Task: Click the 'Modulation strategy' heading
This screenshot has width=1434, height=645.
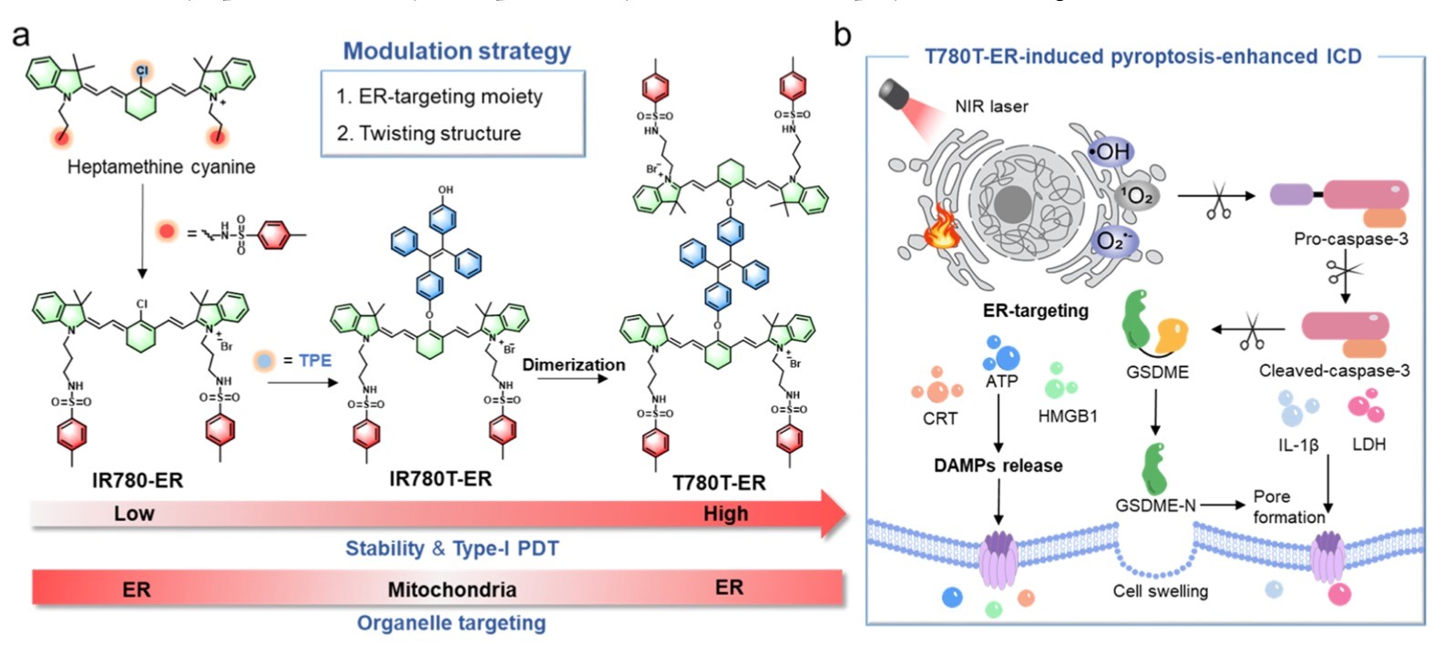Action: coord(456,51)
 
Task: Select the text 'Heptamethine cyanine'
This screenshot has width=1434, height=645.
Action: coord(161,167)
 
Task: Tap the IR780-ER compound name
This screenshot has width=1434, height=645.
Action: coord(138,480)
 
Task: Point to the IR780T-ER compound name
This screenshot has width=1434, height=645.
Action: coord(440,478)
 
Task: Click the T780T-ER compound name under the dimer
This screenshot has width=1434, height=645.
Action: coord(719,483)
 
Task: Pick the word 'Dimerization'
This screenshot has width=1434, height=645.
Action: coord(573,364)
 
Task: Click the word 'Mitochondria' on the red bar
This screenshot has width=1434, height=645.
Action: coord(452,589)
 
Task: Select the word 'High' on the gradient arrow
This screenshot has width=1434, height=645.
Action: coord(725,514)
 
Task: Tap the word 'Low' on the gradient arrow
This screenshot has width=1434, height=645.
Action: coord(134,514)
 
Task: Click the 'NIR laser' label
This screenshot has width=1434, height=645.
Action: coord(991,107)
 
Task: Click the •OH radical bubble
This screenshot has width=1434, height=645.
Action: coord(1108,152)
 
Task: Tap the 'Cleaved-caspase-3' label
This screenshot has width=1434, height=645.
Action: coord(1334,371)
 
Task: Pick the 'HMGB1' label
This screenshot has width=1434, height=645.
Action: coord(1068,416)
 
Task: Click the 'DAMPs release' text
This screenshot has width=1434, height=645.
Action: coord(998,466)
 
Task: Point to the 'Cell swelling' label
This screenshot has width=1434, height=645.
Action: coord(1160,591)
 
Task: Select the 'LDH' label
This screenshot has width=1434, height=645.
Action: coord(1368,445)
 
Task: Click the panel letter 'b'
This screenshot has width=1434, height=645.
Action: coord(843,35)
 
